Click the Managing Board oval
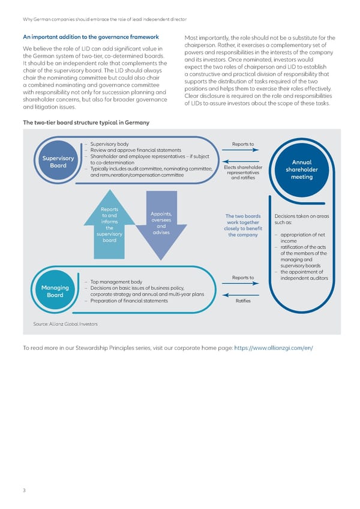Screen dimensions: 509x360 (55, 291)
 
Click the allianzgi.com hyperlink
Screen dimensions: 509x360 (273, 348)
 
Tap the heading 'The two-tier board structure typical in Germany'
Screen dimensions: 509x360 (86, 122)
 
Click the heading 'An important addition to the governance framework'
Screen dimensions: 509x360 (90, 37)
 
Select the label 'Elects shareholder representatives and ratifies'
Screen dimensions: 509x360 (242, 172)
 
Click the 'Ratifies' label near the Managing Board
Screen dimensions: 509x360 (243, 301)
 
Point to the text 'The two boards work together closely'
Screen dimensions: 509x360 (243, 226)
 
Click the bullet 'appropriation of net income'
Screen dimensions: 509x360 (303, 238)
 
